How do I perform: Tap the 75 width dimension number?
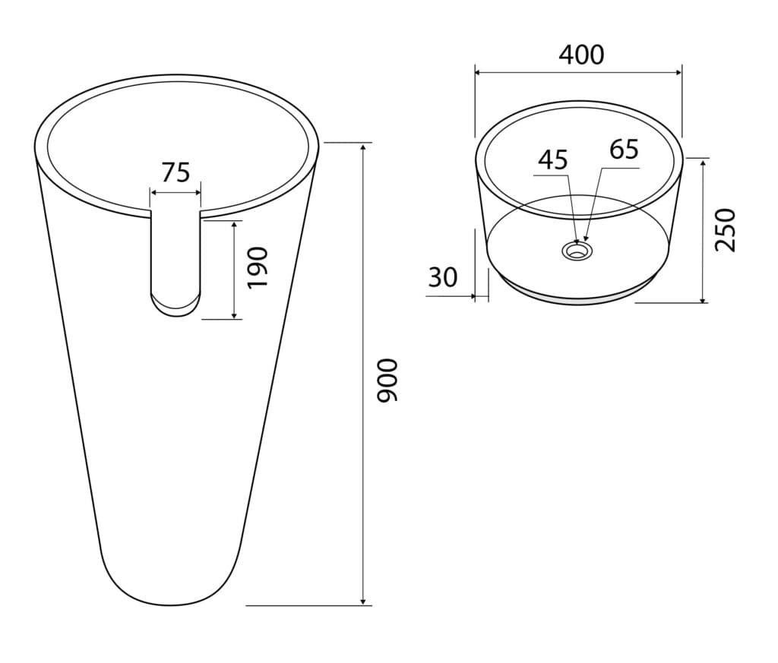(176, 172)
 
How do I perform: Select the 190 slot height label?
(258, 267)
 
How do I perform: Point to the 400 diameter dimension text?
(581, 55)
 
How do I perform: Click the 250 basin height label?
(725, 230)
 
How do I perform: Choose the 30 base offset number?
(443, 278)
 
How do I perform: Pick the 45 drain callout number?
(553, 159)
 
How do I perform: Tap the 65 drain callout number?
(625, 150)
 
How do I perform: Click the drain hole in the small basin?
(577, 250)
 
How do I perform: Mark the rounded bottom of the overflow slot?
(176, 307)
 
